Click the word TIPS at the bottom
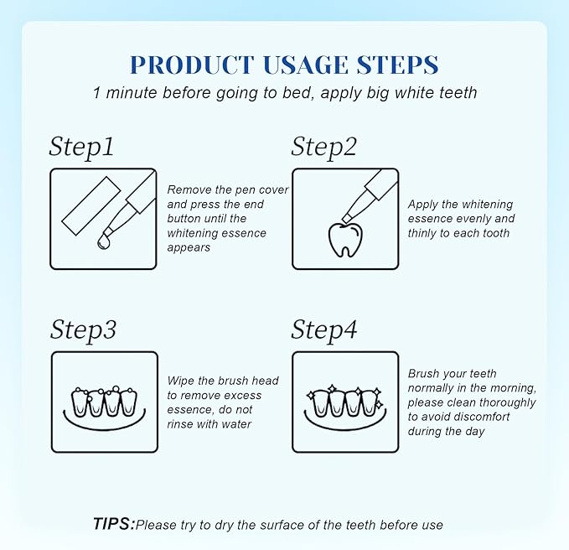pos(112,524)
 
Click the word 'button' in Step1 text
pos(185,218)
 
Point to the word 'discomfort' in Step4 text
pos(488,417)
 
